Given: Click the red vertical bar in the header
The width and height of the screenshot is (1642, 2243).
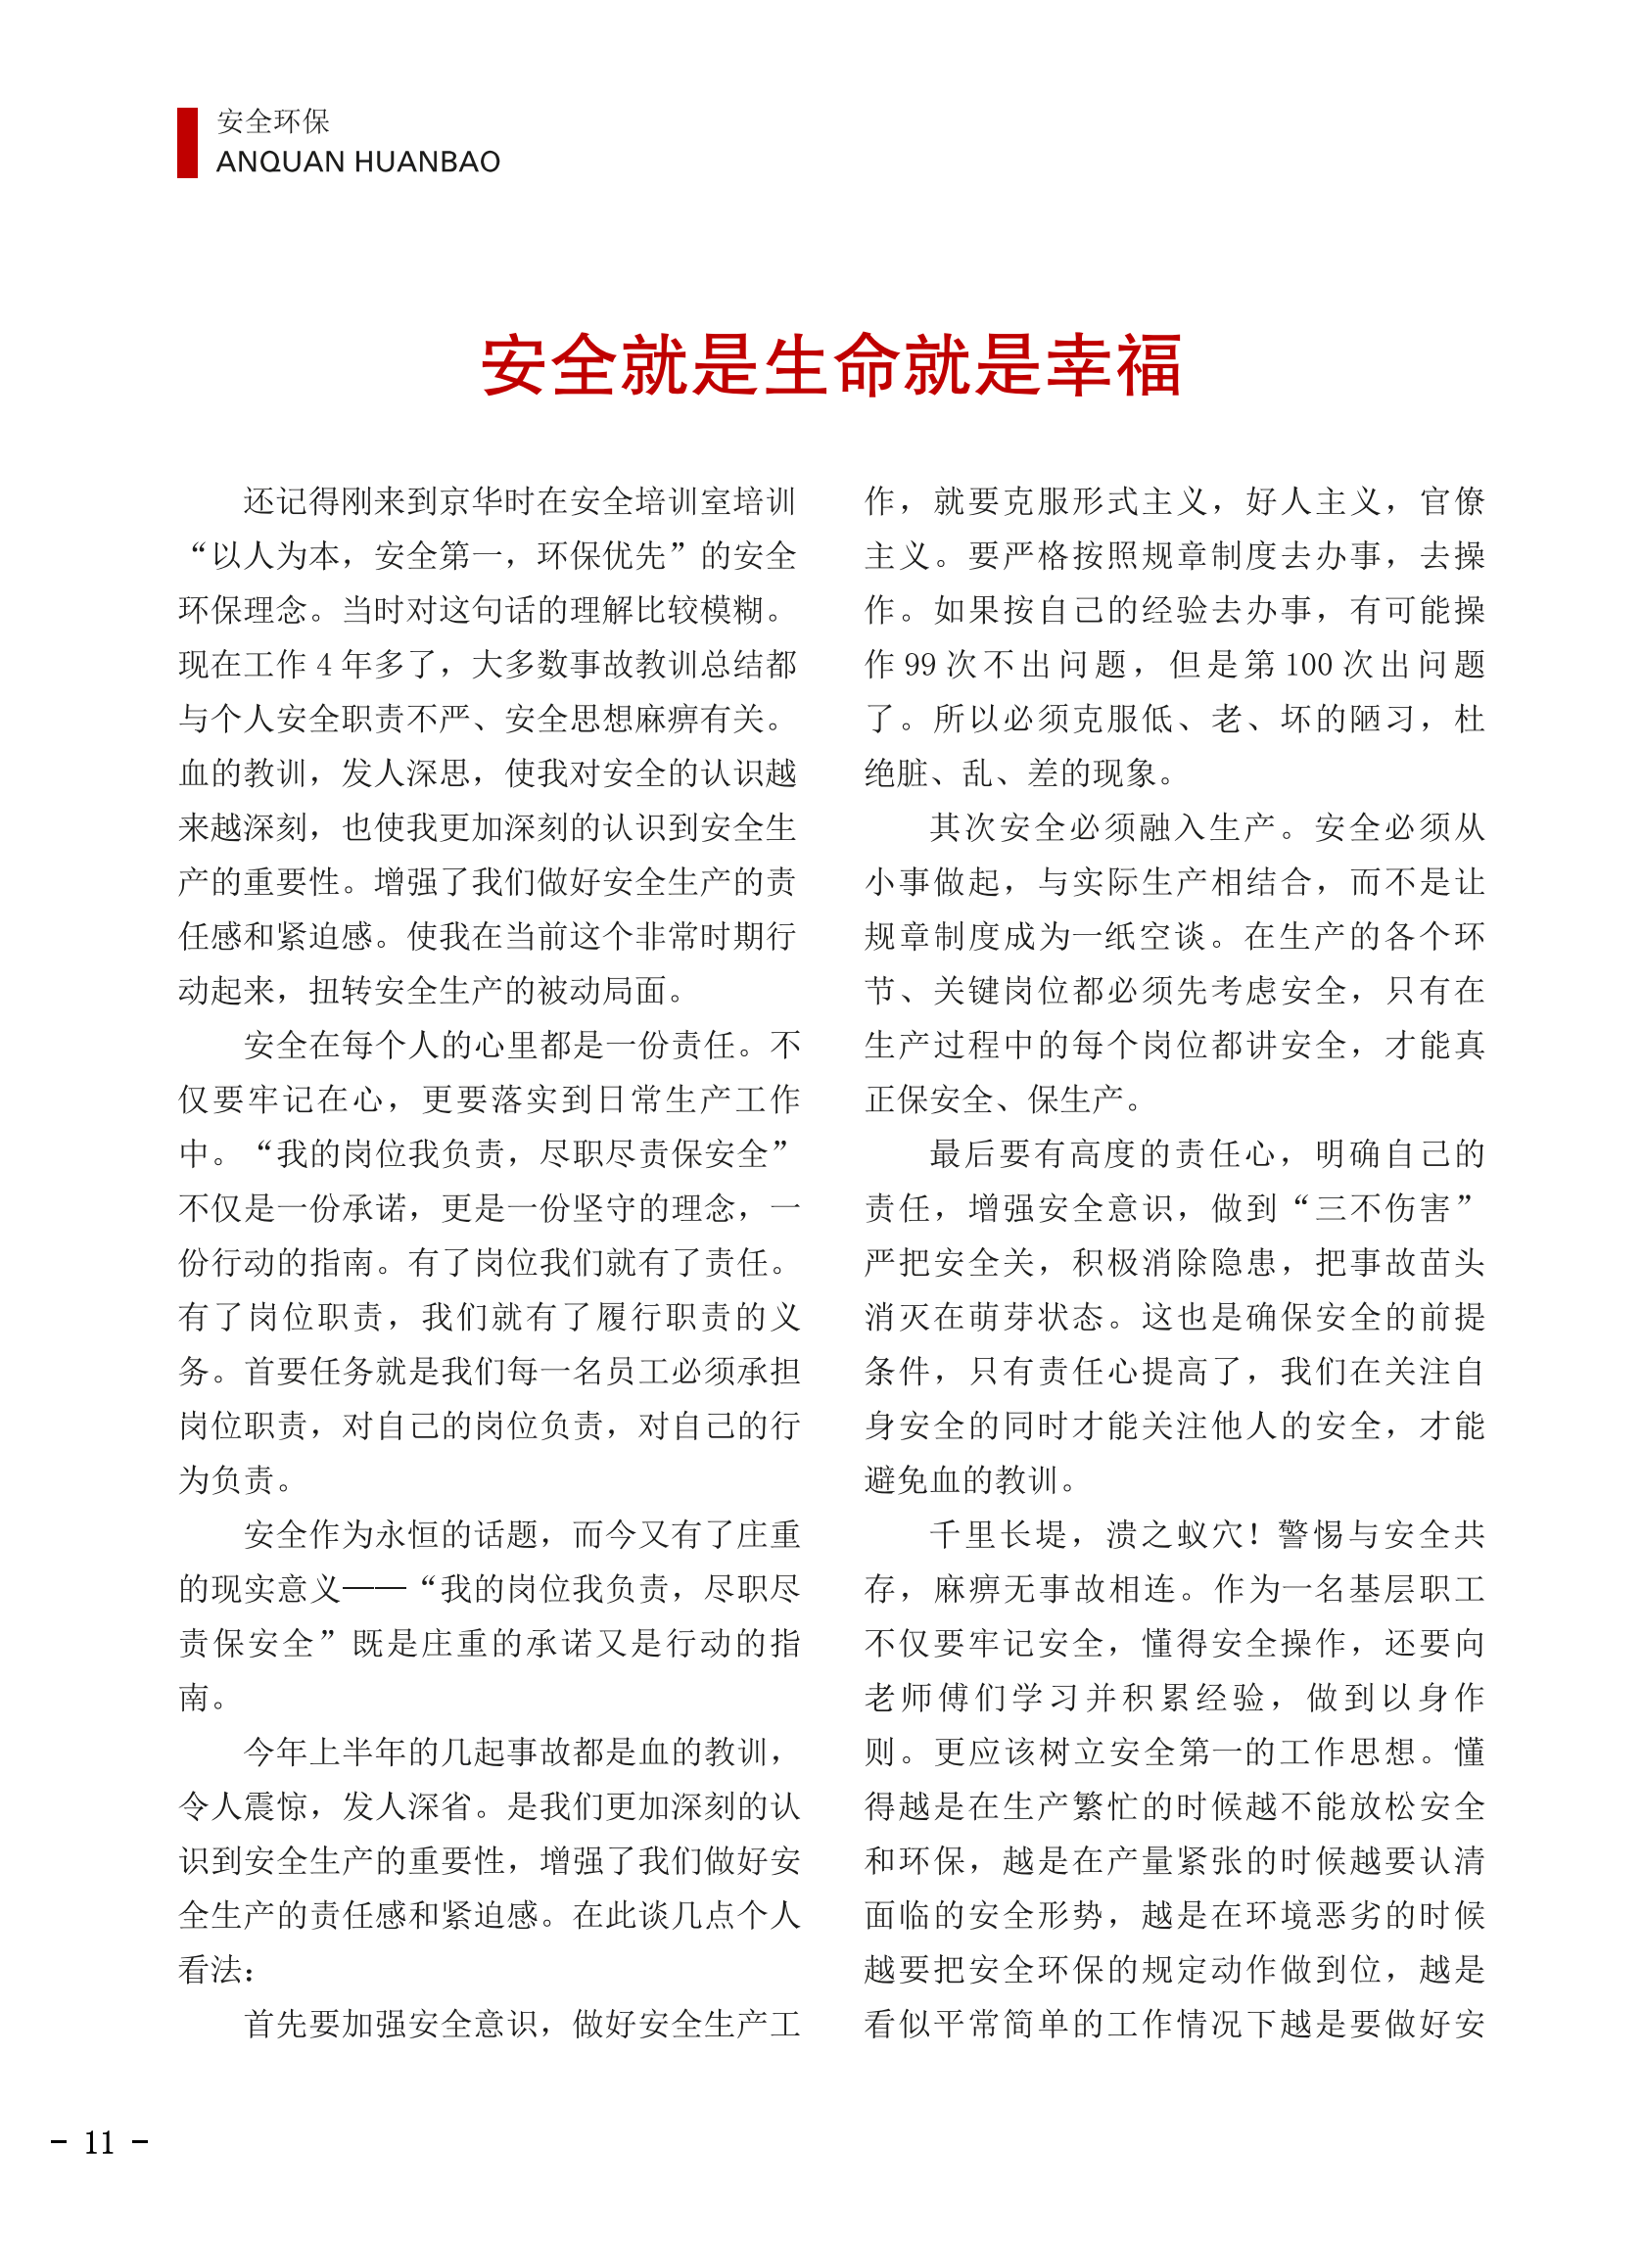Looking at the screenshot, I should point(187,142).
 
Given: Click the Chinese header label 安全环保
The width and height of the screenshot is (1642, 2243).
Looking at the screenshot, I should point(273,121).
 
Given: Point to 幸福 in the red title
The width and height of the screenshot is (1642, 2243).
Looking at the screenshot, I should point(1114,365).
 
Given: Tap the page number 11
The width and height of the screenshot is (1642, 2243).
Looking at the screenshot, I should point(100,2141).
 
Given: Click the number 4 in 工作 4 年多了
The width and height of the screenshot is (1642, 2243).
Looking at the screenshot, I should point(324,665).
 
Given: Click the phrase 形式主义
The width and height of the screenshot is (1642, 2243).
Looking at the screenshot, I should point(1142,502).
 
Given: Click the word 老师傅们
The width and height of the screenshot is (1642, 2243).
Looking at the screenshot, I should point(935,1698).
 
